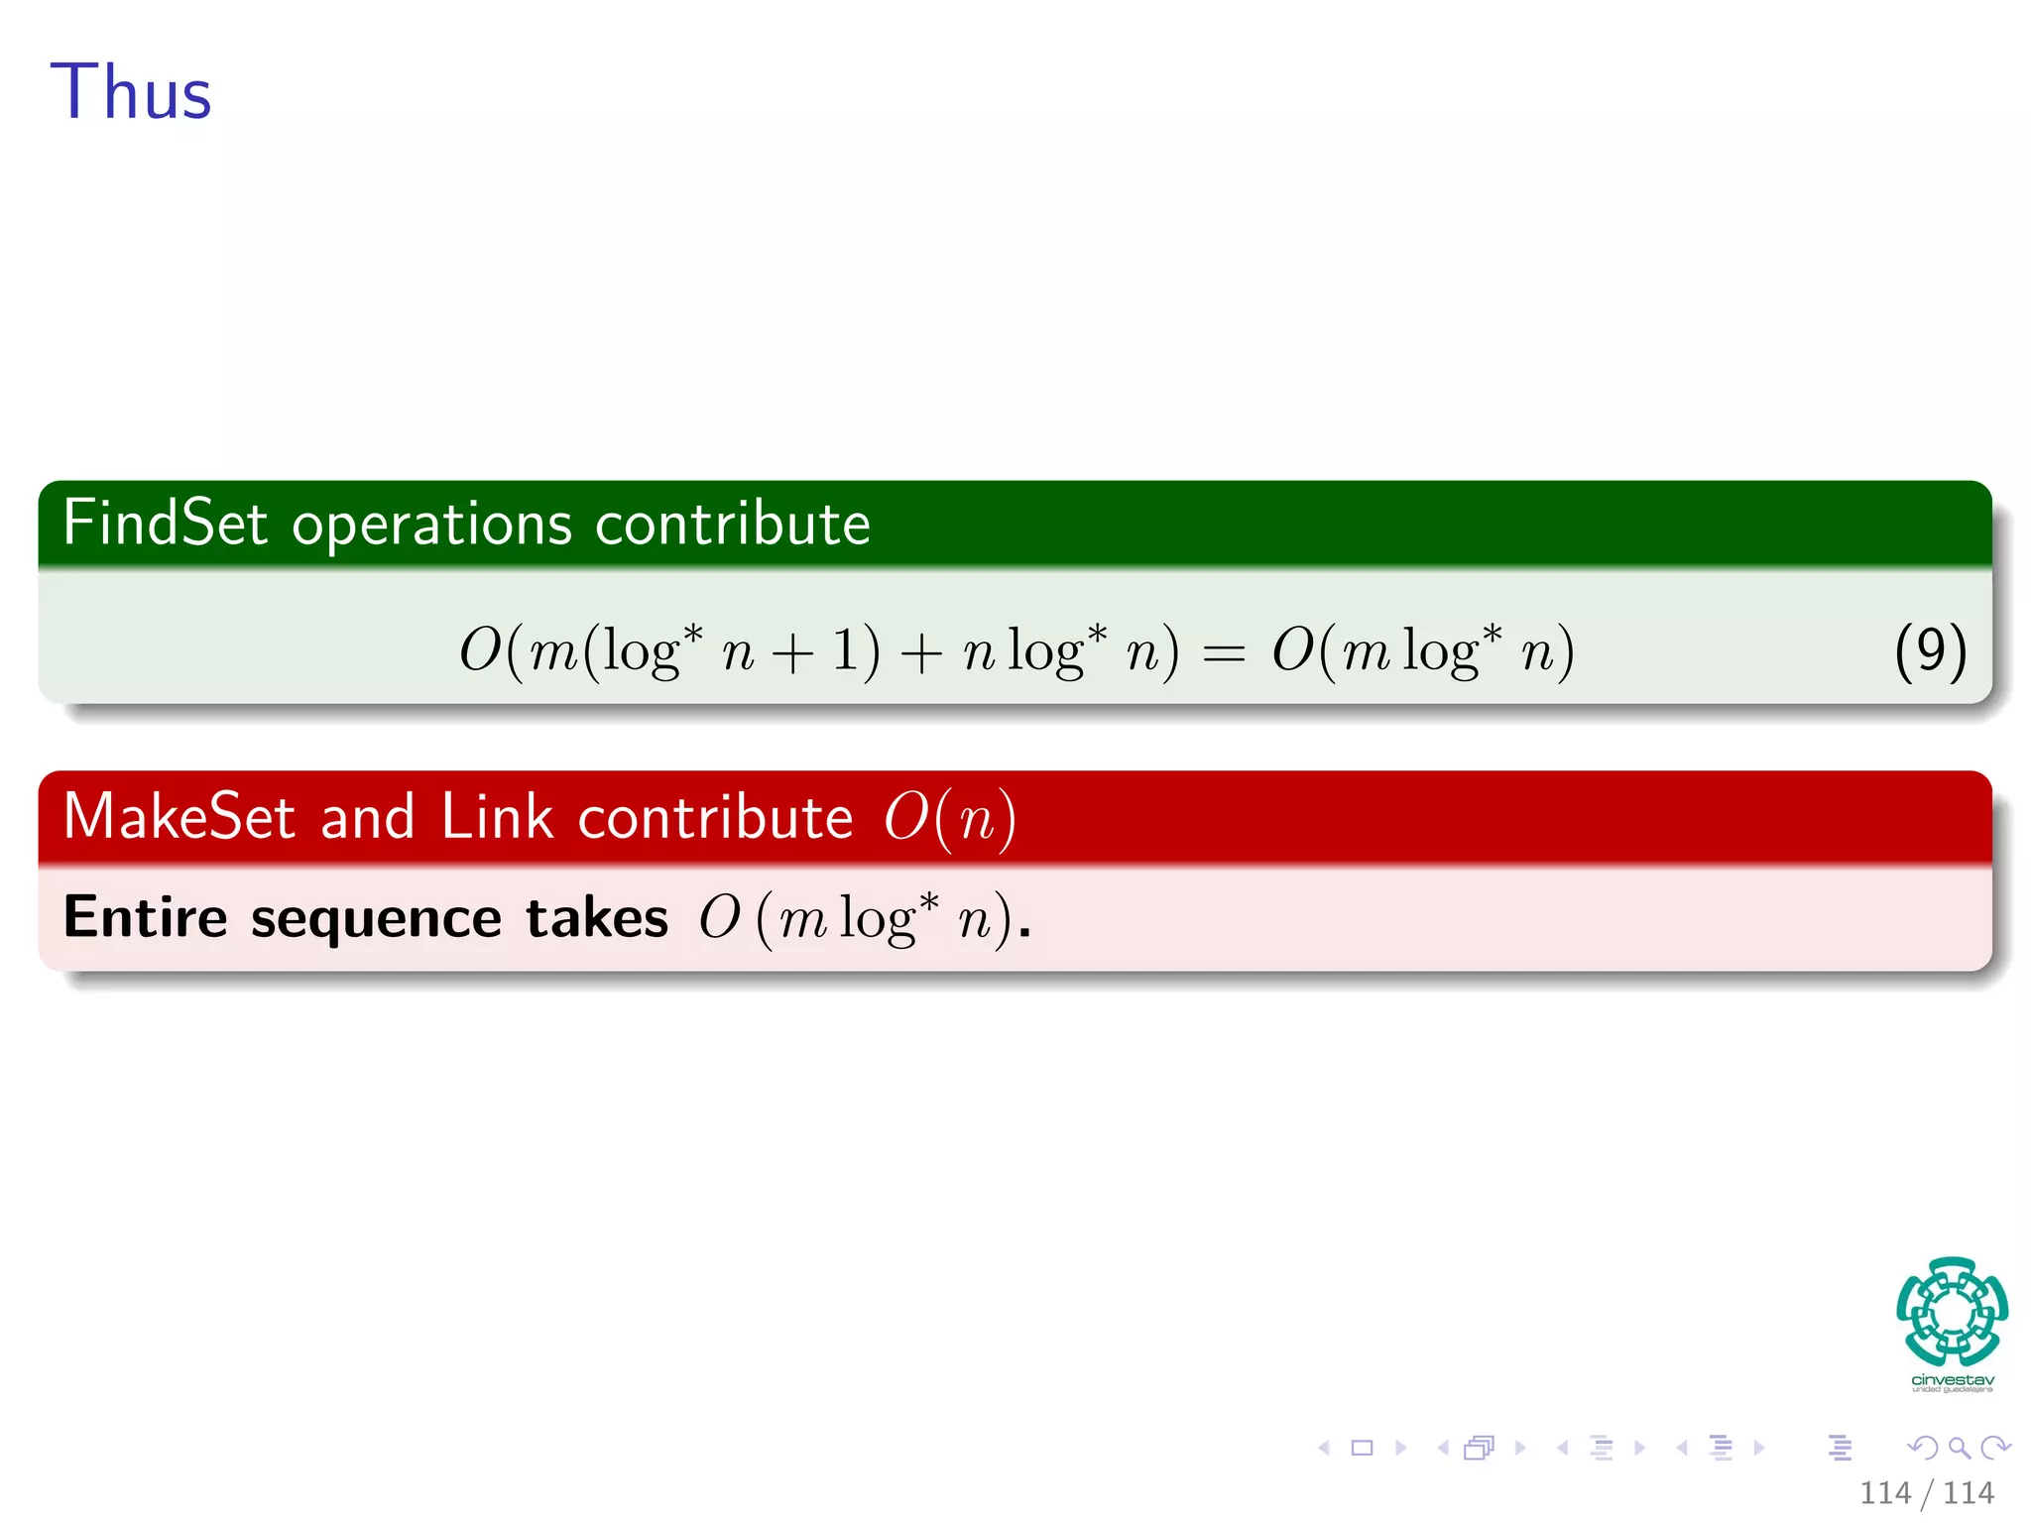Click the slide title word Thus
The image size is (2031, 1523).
(131, 92)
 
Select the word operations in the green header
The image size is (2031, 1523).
(431, 525)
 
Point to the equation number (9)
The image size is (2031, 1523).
(1929, 651)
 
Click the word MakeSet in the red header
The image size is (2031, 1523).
(179, 817)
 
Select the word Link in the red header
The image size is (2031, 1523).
(496, 817)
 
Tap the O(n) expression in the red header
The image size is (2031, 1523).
(949, 819)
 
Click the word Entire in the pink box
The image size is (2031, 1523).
(145, 916)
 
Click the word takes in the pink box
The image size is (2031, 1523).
(597, 917)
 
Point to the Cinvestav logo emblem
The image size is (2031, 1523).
(1952, 1312)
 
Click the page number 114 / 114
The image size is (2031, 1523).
(1926, 1492)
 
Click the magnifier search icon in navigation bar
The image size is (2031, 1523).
(1959, 1448)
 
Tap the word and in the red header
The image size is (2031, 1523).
(367, 817)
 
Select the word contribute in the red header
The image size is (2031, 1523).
(715, 817)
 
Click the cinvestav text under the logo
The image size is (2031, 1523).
(1952, 1380)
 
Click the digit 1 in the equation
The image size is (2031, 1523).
(845, 651)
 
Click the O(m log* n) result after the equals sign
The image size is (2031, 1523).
(1422, 652)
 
